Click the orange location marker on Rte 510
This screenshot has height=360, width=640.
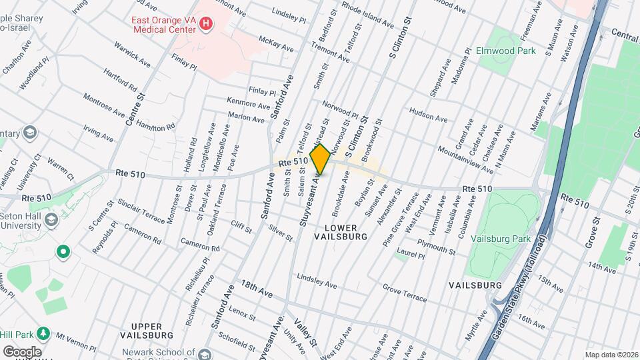click(x=320, y=159)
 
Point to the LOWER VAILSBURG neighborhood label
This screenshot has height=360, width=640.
click(x=341, y=231)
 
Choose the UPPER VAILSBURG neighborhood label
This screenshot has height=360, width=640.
click(x=147, y=329)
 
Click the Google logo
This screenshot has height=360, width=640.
click(x=22, y=351)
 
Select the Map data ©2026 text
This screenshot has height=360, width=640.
click(x=611, y=355)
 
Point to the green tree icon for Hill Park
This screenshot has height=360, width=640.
click(x=43, y=332)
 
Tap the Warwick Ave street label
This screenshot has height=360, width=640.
click(x=131, y=55)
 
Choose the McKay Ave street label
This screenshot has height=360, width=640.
click(x=276, y=44)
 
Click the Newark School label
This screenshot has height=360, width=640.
click(x=159, y=352)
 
